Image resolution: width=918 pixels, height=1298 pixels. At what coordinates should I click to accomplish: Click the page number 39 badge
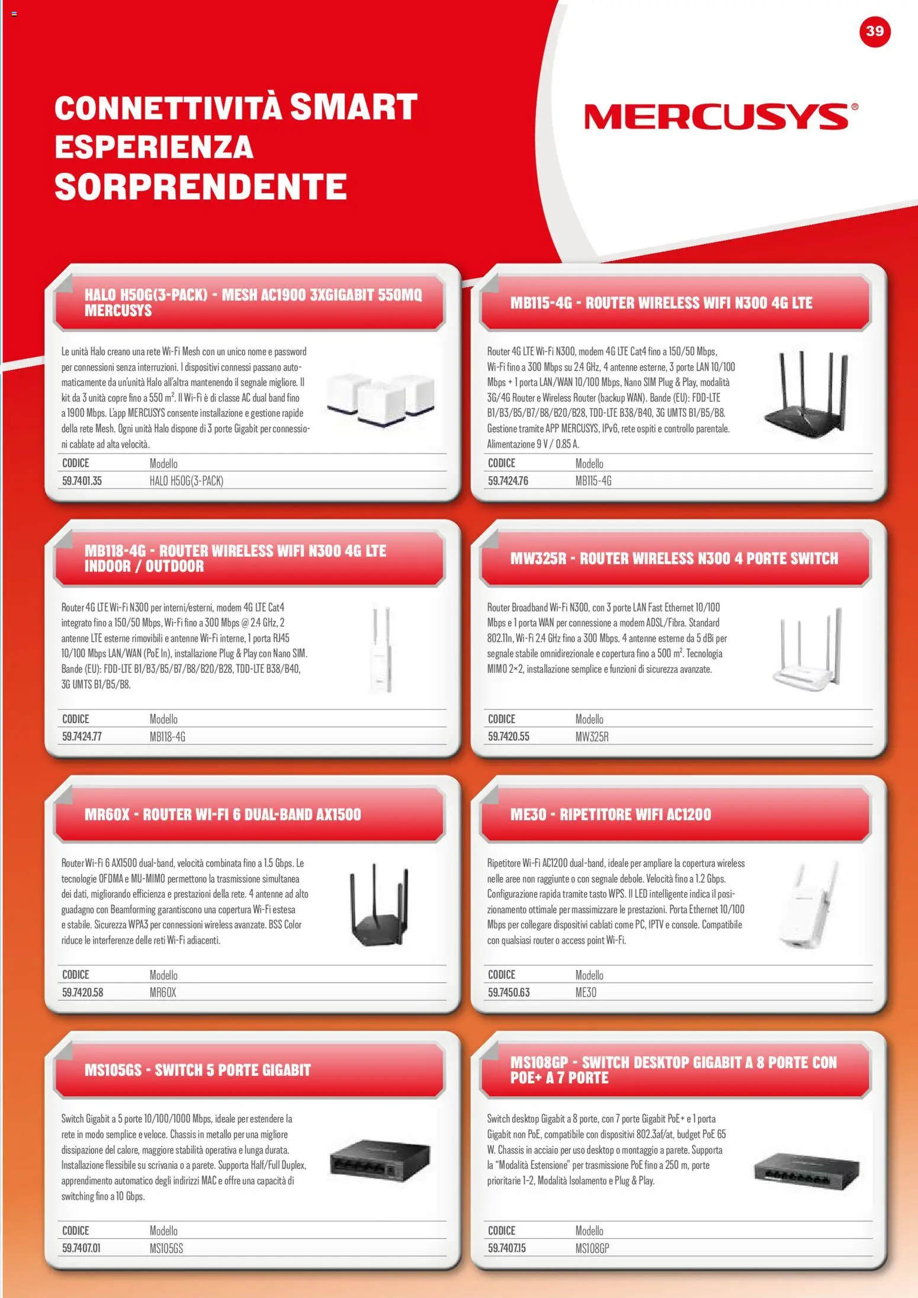click(x=874, y=31)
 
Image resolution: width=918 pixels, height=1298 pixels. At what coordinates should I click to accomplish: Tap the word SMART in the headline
click(x=354, y=107)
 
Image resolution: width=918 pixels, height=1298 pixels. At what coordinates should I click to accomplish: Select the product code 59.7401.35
click(x=82, y=481)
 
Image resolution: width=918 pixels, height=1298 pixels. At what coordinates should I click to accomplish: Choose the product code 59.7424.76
click(x=508, y=481)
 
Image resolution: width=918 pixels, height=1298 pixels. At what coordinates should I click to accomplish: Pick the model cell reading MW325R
click(x=592, y=737)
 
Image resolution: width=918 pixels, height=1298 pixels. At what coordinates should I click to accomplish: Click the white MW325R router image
click(x=808, y=650)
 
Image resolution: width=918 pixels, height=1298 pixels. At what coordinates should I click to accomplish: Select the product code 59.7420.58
click(x=82, y=992)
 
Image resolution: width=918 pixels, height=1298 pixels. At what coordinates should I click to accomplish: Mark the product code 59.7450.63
click(x=508, y=992)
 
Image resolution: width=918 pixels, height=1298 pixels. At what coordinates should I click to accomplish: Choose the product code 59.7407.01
click(x=81, y=1248)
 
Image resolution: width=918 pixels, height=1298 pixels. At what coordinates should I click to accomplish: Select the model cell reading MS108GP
click(x=592, y=1248)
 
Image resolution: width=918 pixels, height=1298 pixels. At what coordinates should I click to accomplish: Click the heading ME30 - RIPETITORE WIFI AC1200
click(x=611, y=814)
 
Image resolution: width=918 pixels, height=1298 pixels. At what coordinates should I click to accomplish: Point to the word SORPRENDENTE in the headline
click(x=201, y=187)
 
